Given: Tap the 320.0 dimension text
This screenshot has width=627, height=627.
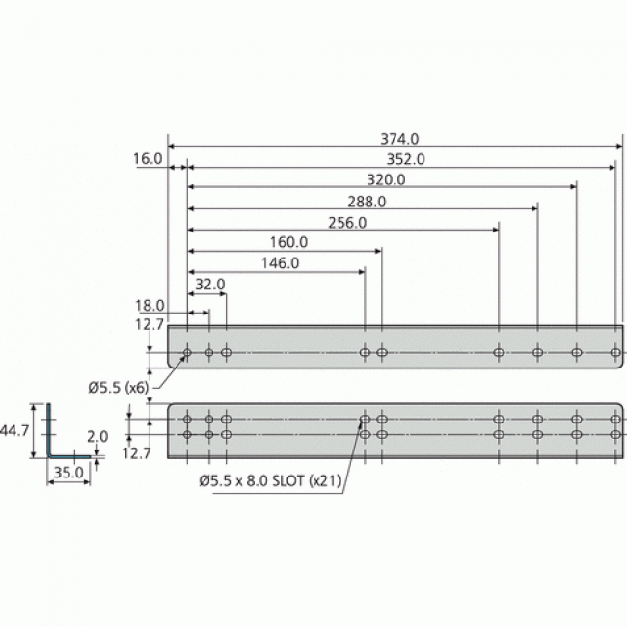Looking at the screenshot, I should (x=386, y=179).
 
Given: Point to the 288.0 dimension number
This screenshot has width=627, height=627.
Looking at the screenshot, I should (x=367, y=202).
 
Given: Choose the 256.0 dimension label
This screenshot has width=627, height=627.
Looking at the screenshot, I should (x=347, y=223).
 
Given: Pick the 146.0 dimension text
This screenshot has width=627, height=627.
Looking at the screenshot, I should (x=280, y=262).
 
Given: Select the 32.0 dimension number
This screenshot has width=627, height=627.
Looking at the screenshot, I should (x=209, y=285).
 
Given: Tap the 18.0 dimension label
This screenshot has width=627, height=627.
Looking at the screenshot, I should (x=150, y=305).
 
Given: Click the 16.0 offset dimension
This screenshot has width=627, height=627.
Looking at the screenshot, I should (x=148, y=159).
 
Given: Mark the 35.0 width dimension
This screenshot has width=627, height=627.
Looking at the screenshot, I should (x=67, y=473).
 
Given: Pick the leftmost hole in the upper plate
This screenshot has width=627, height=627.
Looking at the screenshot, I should (x=187, y=353).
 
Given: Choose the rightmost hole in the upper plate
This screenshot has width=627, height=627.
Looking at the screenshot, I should (x=615, y=353).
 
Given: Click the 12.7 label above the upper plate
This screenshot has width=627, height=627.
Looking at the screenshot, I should (x=150, y=323).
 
